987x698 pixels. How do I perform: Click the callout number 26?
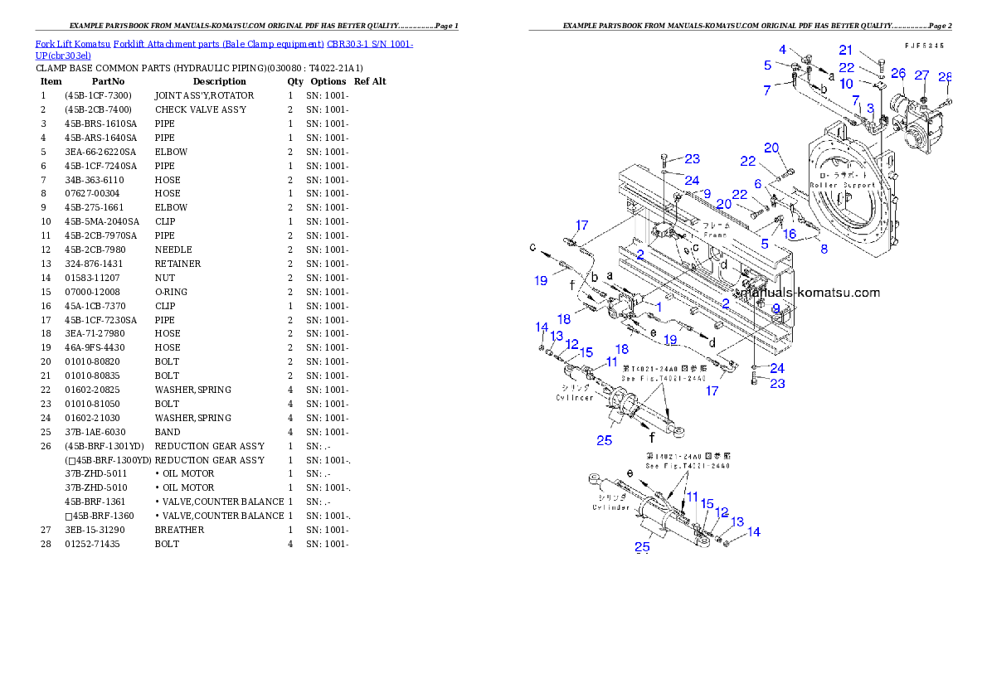[898, 75]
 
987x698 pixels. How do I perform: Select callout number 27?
[921, 75]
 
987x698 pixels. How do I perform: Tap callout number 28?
[945, 77]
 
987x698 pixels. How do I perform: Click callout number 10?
[845, 84]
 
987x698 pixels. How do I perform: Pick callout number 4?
[783, 51]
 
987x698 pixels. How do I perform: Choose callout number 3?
[870, 109]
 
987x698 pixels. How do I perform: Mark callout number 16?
[789, 235]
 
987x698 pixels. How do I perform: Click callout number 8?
[824, 248]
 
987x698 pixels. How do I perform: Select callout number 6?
[758, 183]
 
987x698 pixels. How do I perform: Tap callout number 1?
[659, 306]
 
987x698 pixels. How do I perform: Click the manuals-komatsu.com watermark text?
[811, 293]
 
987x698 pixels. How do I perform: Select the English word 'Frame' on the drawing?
[715, 235]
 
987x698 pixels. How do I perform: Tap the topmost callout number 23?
[692, 159]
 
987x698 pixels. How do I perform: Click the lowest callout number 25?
[642, 546]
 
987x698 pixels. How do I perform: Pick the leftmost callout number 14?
[542, 327]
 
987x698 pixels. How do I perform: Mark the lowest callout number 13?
[737, 521]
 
